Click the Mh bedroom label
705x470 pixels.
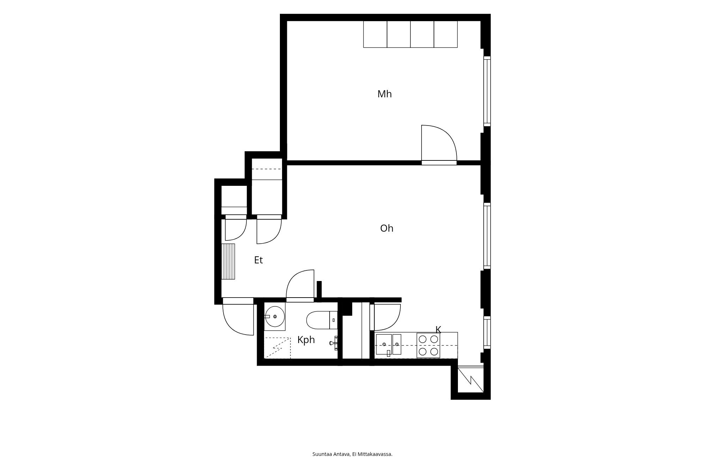[x=384, y=94]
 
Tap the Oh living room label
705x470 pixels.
[x=387, y=228]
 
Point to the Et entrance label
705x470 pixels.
[x=258, y=260]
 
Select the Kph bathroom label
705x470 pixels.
[x=306, y=340]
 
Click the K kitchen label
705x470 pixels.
[x=438, y=330]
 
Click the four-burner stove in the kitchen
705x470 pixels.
[x=428, y=345]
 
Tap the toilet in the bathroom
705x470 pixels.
[x=321, y=320]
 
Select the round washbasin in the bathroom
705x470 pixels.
[x=275, y=317]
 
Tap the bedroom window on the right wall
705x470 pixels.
[x=487, y=91]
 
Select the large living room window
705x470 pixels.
[x=487, y=236]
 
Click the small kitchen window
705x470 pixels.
[x=487, y=333]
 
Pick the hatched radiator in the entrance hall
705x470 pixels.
[x=228, y=261]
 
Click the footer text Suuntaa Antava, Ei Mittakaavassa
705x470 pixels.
[x=352, y=454]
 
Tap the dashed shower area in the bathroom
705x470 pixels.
[x=277, y=348]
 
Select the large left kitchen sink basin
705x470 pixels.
[x=384, y=344]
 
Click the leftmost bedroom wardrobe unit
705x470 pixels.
[x=375, y=34]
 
